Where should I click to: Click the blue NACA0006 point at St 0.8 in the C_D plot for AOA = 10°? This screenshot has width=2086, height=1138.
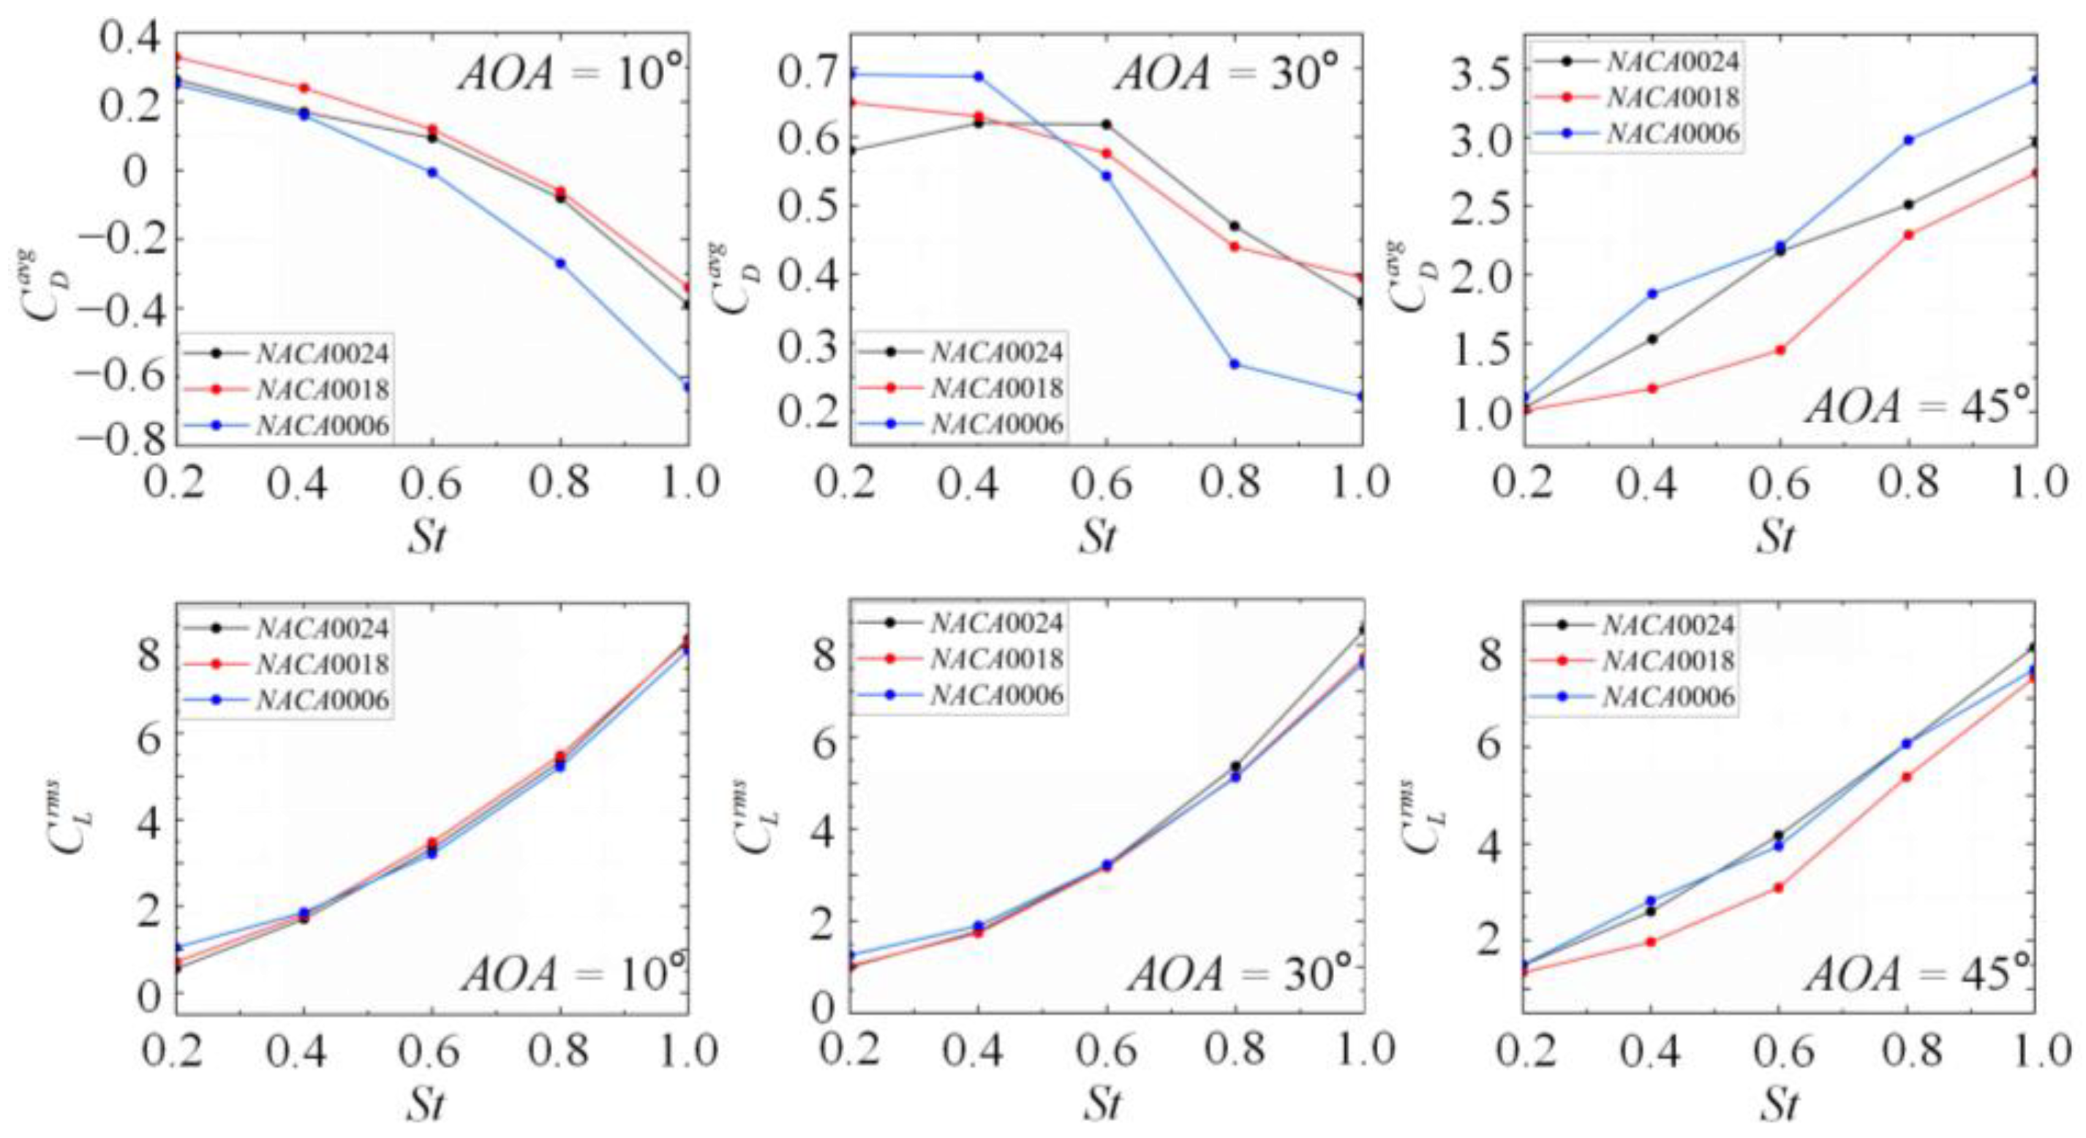click(560, 263)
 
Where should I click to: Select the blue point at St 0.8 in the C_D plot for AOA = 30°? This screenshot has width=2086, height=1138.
click(1234, 363)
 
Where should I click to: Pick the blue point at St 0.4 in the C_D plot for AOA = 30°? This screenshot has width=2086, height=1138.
click(978, 77)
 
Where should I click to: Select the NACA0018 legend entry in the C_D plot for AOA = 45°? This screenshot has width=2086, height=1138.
click(1673, 97)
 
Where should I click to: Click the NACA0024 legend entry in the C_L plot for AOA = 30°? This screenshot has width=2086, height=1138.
click(996, 623)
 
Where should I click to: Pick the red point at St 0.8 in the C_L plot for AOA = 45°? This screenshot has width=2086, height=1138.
click(1906, 777)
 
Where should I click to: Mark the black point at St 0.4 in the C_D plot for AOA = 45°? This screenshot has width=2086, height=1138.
click(1652, 339)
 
